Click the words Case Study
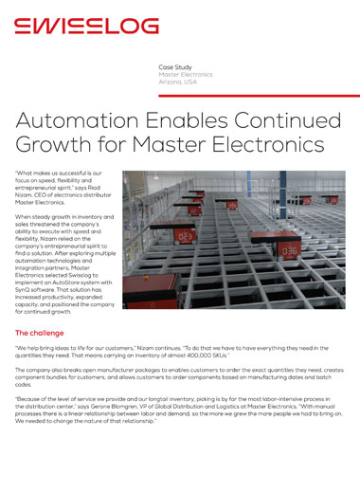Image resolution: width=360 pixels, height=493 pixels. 175,67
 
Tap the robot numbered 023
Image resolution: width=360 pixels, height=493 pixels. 187,236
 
